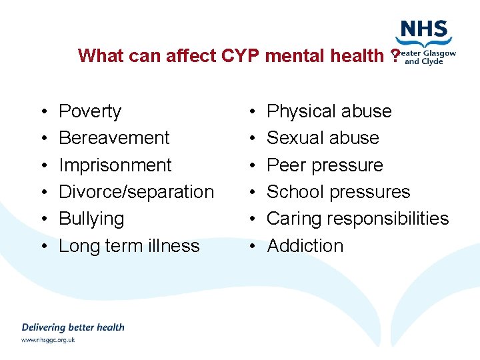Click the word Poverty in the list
(90, 111)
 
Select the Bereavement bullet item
(114, 138)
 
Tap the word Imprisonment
(115, 165)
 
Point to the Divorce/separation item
(136, 192)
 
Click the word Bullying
(91, 219)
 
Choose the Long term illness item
(129, 246)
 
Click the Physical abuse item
(329, 111)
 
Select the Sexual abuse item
(323, 138)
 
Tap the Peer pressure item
(325, 165)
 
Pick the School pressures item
(338, 192)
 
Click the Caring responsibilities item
(357, 219)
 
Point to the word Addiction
(305, 246)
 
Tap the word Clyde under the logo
(433, 61)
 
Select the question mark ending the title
(395, 55)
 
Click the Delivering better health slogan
(73, 327)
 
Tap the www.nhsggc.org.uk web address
(48, 340)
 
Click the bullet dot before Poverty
(42, 112)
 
